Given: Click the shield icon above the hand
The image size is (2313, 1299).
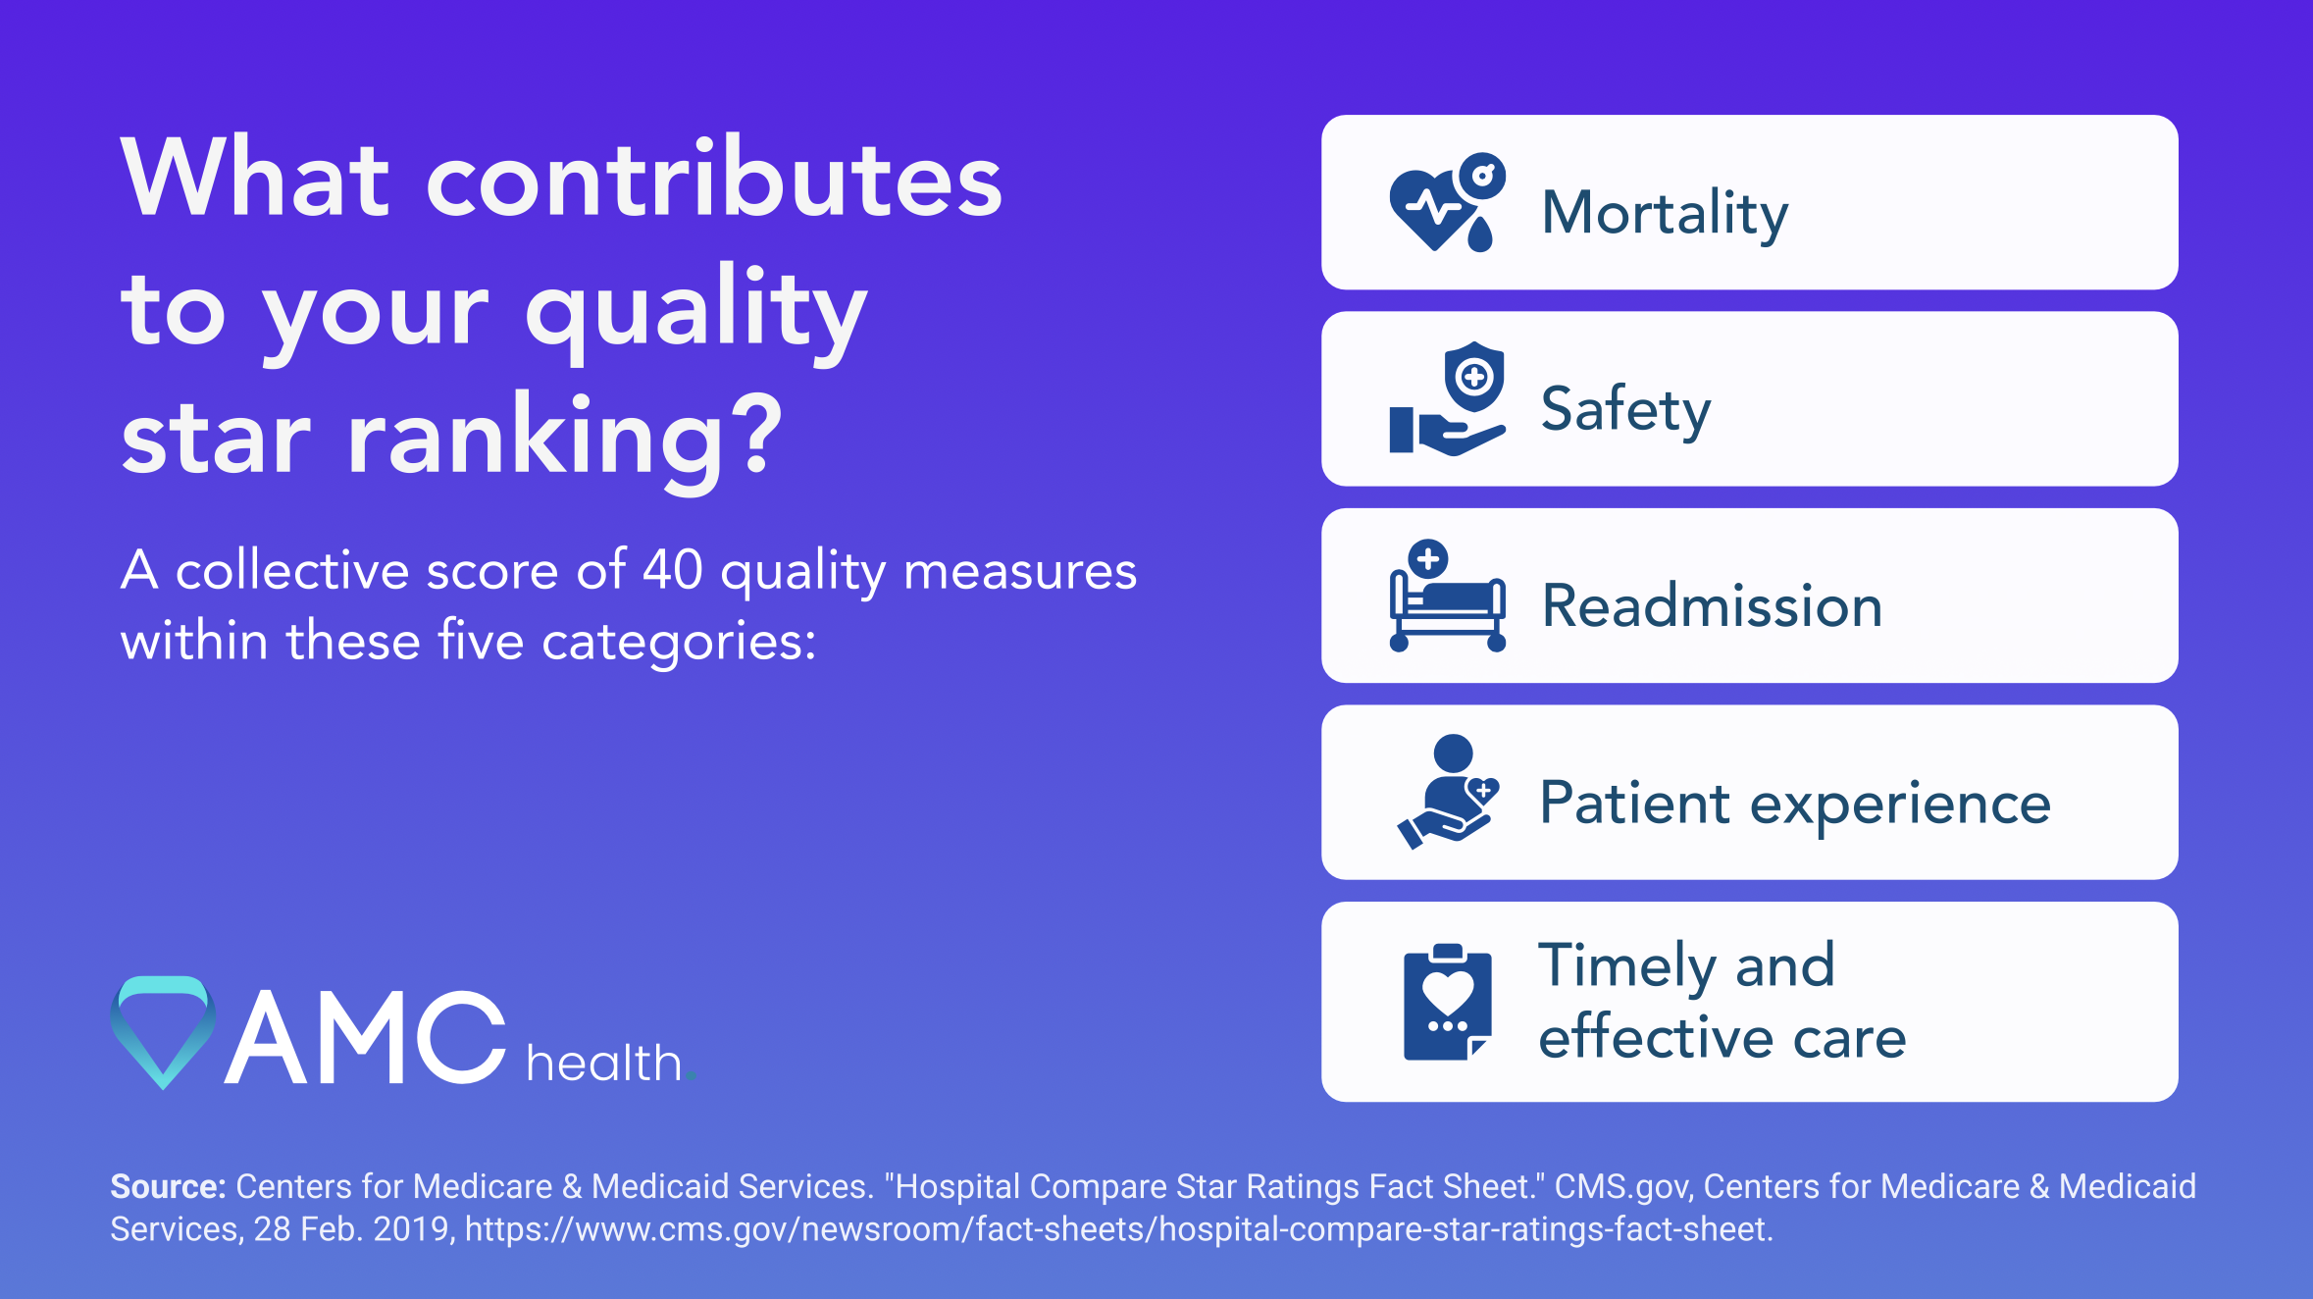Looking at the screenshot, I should point(1473,377).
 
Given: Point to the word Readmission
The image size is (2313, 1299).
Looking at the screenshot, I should point(1712,605).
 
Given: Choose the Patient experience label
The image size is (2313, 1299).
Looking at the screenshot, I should point(1794,803).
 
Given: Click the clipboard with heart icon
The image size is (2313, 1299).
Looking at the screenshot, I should point(1447,1002).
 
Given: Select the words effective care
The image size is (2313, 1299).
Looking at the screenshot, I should point(1722,1037).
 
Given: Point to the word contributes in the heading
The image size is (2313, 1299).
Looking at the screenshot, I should point(713,179).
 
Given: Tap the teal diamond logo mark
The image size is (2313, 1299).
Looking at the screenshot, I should point(163,1030).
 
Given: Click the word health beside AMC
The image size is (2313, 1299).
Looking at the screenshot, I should point(604,1063).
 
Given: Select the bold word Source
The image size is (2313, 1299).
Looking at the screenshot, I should point(168,1186).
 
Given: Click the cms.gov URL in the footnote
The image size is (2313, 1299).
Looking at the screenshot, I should point(1118,1229).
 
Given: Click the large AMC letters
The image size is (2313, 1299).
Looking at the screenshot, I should point(364,1038).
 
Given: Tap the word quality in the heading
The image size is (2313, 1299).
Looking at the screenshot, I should point(695,310).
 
